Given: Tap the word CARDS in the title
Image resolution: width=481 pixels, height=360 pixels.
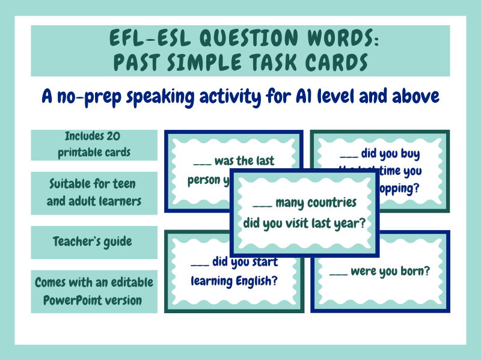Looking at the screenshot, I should [x=328, y=62].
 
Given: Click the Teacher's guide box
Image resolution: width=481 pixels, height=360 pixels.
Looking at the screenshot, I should [x=93, y=242].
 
